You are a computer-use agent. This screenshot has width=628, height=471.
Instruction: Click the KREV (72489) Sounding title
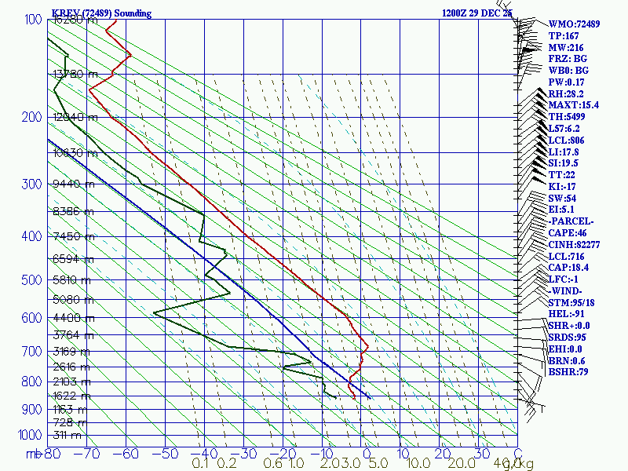(x=101, y=13)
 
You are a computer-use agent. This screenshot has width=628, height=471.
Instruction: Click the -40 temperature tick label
(x=205, y=453)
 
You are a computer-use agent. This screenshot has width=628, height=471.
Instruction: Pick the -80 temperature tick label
(x=53, y=453)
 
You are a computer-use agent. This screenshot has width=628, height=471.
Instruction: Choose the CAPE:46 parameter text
(x=568, y=232)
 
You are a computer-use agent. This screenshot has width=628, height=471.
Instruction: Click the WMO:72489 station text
(x=574, y=24)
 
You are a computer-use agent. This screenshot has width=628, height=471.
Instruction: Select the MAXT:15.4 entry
(x=573, y=105)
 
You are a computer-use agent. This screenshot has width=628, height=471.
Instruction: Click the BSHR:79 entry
(x=568, y=372)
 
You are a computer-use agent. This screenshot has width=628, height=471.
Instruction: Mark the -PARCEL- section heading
(x=571, y=221)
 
